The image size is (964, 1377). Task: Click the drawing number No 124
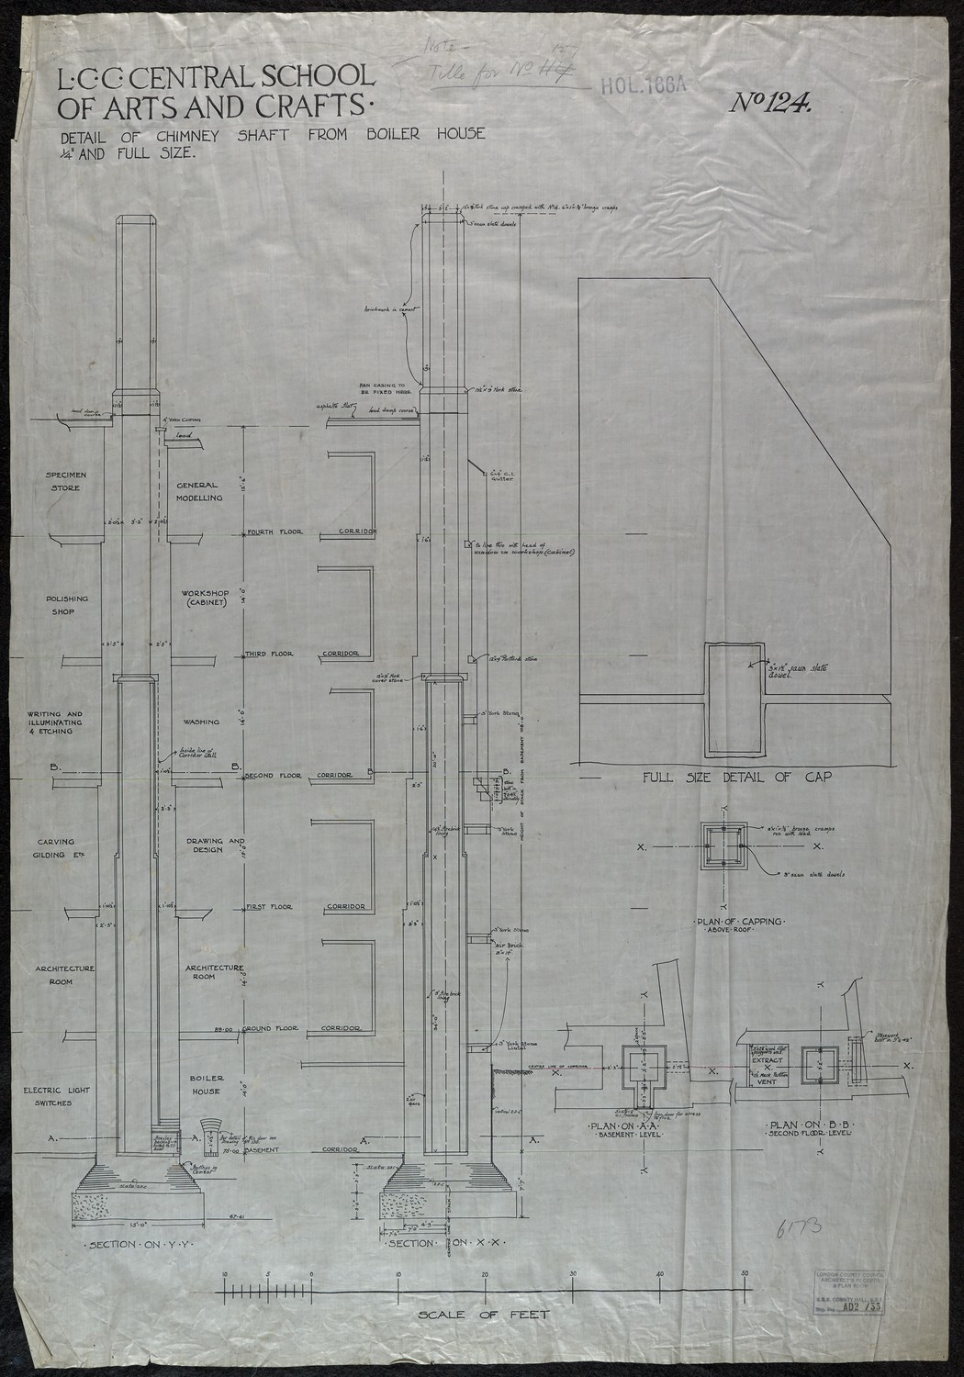point(770,104)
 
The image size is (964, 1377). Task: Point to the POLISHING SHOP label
point(69,605)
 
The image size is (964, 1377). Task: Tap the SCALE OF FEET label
point(484,1315)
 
